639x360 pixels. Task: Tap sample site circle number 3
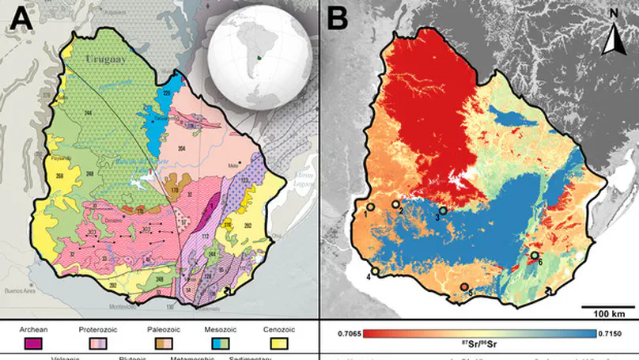(x=444, y=210)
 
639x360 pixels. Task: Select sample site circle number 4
(x=375, y=271)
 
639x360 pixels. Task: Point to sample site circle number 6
(x=535, y=256)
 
